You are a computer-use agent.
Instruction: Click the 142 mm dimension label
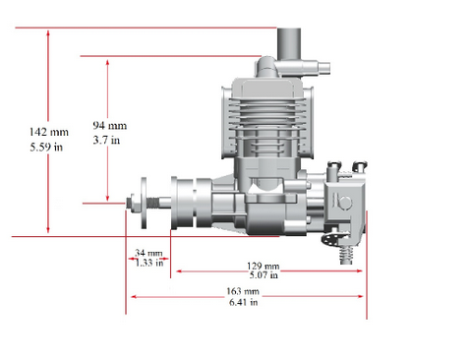[49, 132]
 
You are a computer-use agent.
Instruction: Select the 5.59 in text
[46, 147]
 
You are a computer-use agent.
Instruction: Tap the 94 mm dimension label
[110, 126]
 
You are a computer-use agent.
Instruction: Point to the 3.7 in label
[106, 141]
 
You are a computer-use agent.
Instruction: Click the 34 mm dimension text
[148, 253]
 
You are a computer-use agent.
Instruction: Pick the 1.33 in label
[149, 263]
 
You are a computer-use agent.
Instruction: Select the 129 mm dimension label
[264, 266]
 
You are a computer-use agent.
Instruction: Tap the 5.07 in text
[264, 274]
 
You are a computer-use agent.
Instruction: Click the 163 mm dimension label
[243, 291]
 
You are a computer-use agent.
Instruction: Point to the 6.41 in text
[243, 302]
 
